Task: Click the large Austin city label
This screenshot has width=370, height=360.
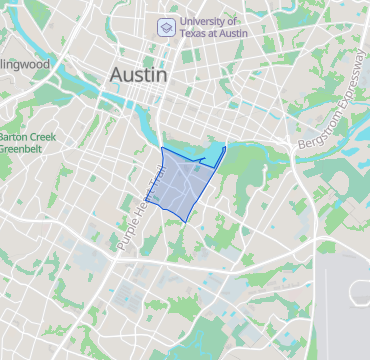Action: click(139, 75)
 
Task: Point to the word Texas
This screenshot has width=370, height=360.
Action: click(196, 34)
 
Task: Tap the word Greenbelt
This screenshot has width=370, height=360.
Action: click(26, 150)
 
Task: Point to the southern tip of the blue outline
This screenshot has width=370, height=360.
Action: click(185, 221)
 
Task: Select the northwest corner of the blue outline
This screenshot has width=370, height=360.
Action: click(162, 147)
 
